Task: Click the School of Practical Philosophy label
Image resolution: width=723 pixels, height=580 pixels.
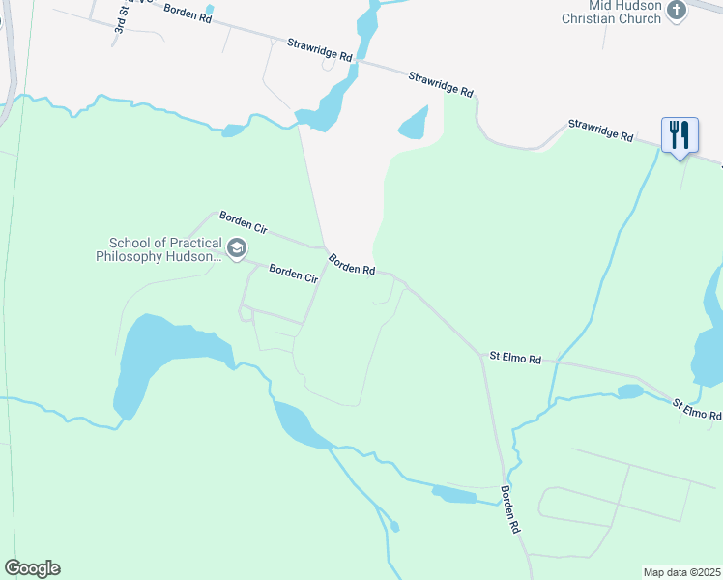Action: pos(159,250)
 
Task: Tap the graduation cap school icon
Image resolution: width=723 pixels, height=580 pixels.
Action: pos(236,250)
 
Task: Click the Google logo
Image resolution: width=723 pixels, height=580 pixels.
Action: pos(32,568)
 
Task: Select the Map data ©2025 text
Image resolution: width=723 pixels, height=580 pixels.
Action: pos(682,571)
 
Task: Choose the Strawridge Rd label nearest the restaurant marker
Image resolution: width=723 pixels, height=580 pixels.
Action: pos(599,130)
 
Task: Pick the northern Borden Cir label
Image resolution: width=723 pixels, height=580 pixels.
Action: pos(243,222)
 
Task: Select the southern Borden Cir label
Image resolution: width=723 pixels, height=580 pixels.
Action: pos(293,274)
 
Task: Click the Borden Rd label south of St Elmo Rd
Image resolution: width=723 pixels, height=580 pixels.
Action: pos(510,509)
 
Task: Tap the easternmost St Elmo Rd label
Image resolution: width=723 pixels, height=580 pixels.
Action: pos(697,409)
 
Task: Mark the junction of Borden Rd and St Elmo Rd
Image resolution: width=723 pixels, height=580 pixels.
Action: pos(481,355)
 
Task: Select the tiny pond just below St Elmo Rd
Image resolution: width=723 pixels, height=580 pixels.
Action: pos(630,391)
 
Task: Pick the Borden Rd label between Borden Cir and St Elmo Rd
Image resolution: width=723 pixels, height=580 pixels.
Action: pos(351,264)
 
